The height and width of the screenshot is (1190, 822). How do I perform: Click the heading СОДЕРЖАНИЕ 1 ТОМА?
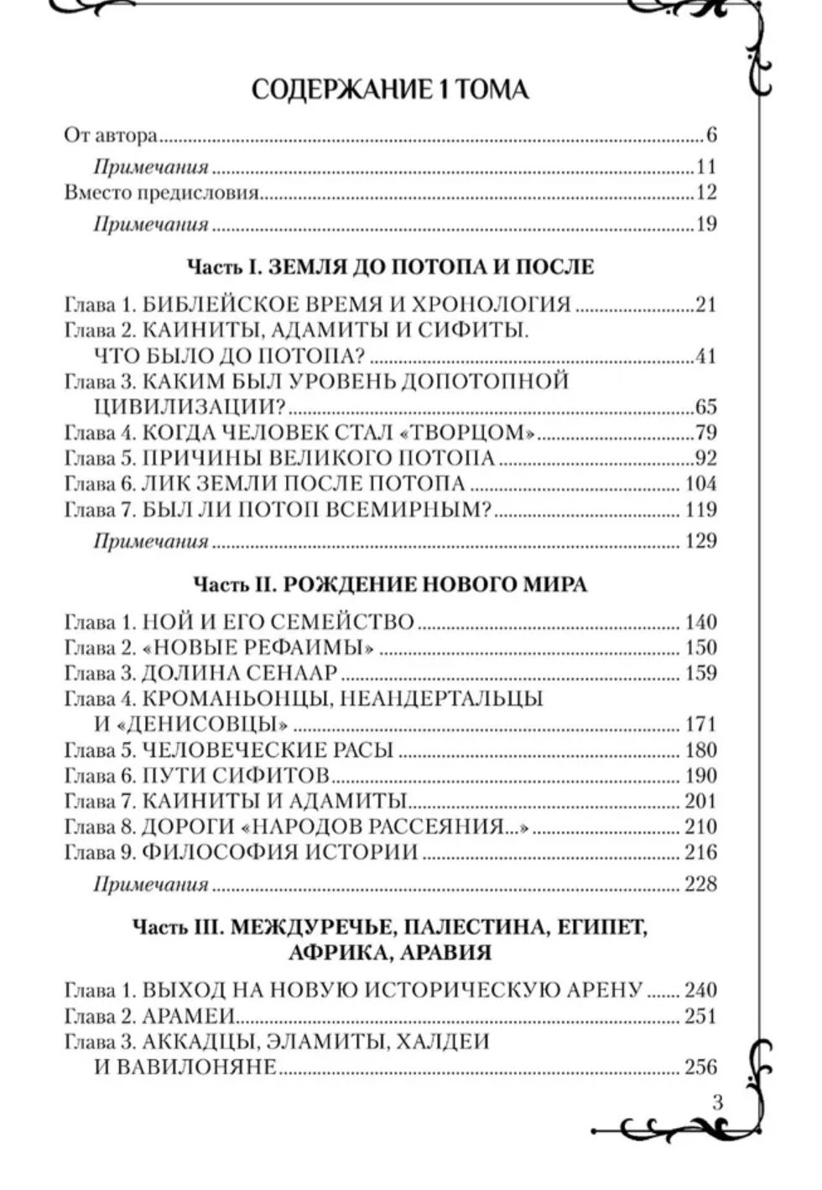coord(390,90)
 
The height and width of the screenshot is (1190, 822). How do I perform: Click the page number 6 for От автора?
coord(711,136)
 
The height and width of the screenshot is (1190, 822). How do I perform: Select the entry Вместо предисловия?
coord(161,193)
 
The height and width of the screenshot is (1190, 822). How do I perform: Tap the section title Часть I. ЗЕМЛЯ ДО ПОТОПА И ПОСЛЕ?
coord(390,268)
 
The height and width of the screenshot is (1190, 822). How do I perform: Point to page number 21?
coord(705,304)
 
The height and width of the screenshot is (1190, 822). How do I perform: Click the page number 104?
coord(700,484)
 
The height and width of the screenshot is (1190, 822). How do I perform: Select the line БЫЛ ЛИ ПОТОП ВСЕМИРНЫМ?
coord(315,510)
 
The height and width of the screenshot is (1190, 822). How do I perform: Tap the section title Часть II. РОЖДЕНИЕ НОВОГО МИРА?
coord(390,585)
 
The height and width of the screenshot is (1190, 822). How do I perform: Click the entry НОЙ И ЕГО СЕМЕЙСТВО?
coord(278,622)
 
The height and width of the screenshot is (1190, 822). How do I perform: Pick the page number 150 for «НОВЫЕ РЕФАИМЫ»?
coord(700,647)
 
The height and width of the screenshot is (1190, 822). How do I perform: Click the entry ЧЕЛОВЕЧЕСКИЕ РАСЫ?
coord(268,750)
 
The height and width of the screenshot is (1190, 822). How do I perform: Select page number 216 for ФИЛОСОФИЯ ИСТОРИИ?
coord(700,852)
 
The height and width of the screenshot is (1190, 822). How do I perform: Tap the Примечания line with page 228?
coord(151,885)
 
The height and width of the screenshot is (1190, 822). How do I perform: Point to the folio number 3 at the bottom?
coord(717,1102)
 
